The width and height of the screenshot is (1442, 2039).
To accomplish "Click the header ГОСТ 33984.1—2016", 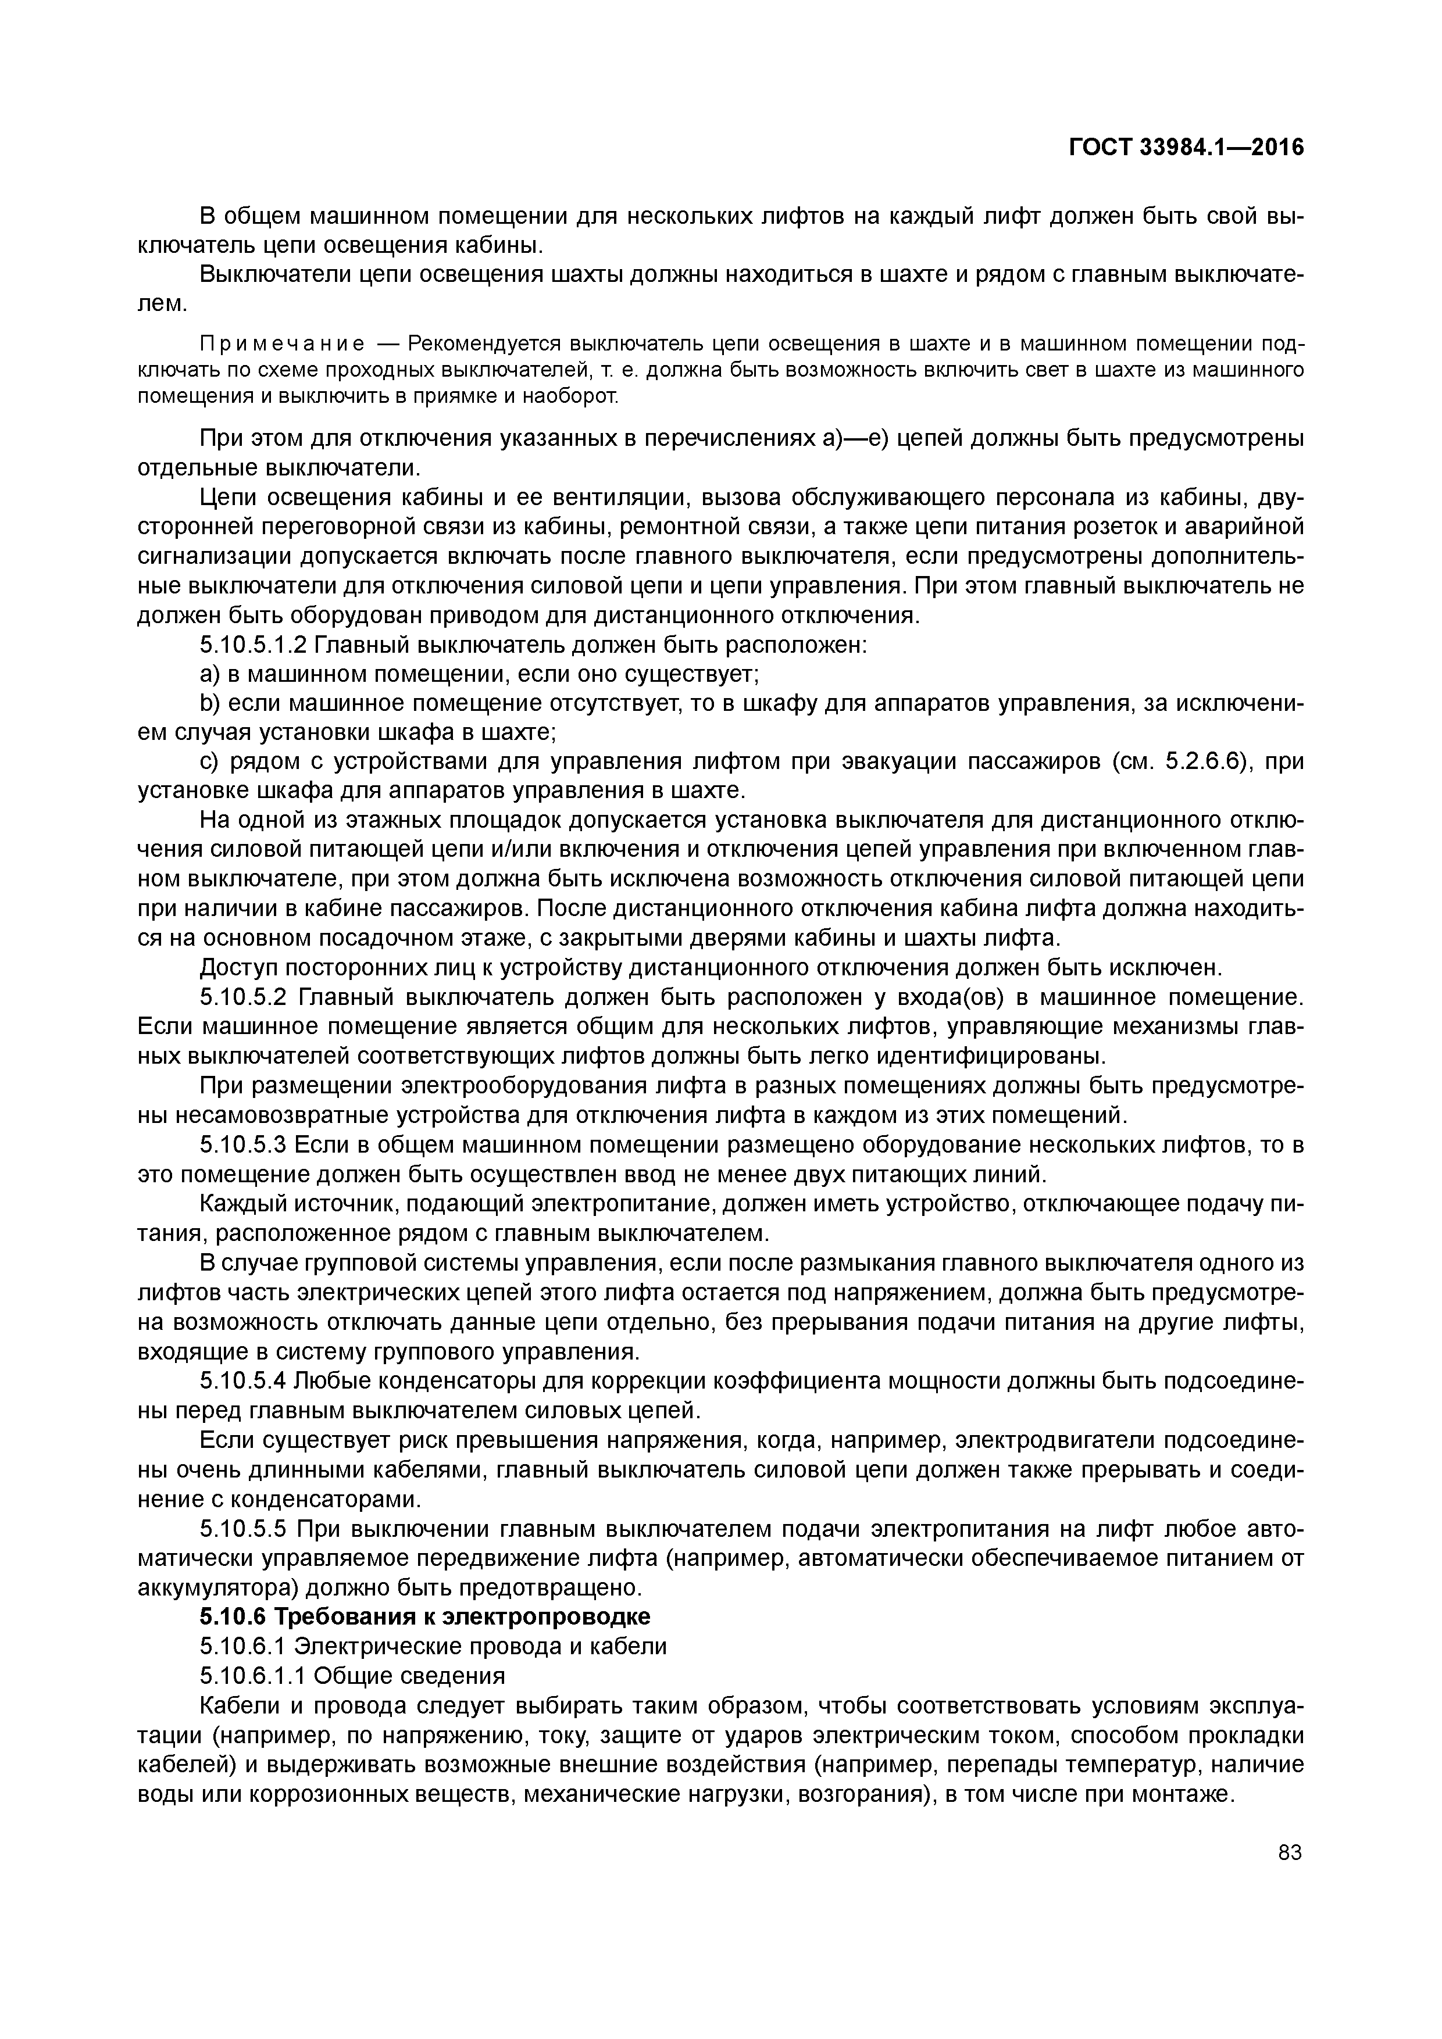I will click(x=1186, y=148).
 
